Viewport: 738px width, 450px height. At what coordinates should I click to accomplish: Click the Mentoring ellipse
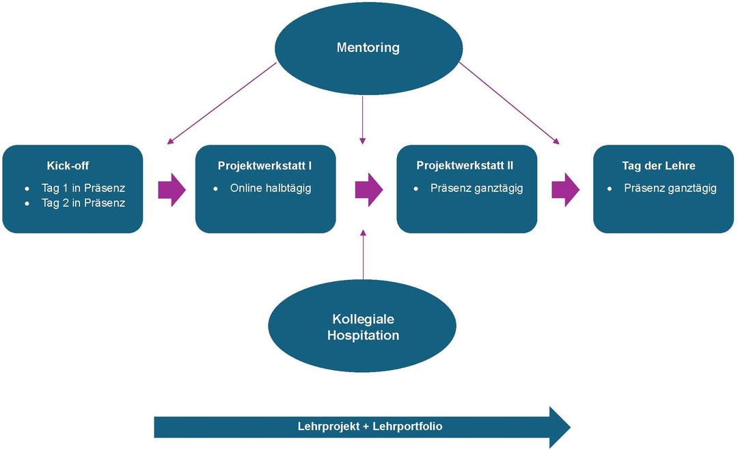pos(368,48)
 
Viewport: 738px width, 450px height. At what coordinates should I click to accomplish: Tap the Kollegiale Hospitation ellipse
pos(363,328)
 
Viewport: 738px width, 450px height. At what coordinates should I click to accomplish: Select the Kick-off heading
pos(68,165)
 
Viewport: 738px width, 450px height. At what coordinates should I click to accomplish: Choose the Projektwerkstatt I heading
pos(265,165)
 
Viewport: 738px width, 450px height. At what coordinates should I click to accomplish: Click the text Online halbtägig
pos(271,188)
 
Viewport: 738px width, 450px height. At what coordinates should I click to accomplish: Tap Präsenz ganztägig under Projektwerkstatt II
pos(477,188)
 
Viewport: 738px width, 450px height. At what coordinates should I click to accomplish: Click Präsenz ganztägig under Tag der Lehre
pos(670,188)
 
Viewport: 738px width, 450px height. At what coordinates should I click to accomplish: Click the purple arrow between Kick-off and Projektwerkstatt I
pos(172,189)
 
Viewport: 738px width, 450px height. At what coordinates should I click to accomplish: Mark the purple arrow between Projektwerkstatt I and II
pos(368,189)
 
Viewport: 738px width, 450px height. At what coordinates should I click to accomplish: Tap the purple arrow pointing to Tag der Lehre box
pos(565,189)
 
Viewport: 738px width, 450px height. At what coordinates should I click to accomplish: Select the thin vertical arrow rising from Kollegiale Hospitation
pos(363,256)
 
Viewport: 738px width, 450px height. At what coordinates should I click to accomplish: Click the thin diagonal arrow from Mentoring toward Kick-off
pos(222,103)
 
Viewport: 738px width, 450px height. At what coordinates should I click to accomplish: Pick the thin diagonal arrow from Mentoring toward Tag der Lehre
pos(509,103)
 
